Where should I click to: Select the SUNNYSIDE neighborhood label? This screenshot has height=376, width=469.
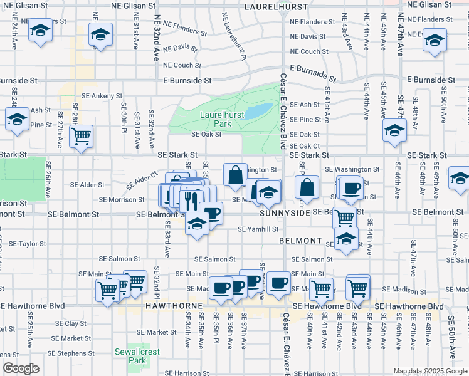coord(285,213)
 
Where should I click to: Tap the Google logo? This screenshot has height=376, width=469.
coord(21,369)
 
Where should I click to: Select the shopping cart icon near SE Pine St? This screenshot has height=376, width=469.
coord(81,136)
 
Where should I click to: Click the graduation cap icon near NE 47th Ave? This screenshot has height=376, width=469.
coord(434,41)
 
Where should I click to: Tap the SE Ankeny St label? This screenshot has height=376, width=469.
coord(97,96)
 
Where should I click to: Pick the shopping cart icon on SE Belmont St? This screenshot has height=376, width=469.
coord(344,217)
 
